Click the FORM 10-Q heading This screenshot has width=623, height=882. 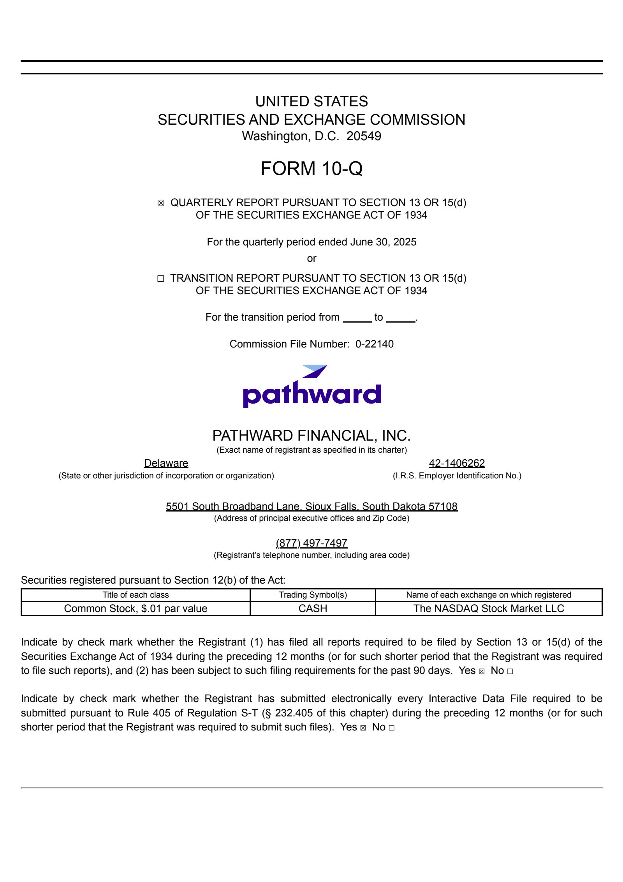pyautogui.click(x=311, y=168)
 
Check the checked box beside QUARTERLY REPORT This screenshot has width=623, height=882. pyautogui.click(x=161, y=203)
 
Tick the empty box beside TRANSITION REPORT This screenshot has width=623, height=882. pyautogui.click(x=160, y=279)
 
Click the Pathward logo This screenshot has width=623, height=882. pyautogui.click(x=311, y=387)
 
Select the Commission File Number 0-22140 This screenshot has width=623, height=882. pyautogui.click(x=374, y=344)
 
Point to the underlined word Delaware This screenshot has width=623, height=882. pyautogui.click(x=166, y=463)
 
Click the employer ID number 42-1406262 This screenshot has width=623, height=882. pyautogui.click(x=457, y=463)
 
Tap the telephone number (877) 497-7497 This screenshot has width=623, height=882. pyautogui.click(x=311, y=543)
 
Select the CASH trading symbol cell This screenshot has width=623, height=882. pyautogui.click(x=313, y=609)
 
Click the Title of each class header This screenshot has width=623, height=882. pyautogui.click(x=136, y=595)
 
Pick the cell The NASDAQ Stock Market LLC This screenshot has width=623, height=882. pyautogui.click(x=489, y=609)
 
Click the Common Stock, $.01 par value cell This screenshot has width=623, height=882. pyautogui.click(x=136, y=609)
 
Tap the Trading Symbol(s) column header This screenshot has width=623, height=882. pyautogui.click(x=313, y=595)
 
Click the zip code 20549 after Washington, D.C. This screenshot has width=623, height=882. pyautogui.click(x=364, y=136)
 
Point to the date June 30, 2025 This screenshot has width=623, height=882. pyautogui.click(x=383, y=242)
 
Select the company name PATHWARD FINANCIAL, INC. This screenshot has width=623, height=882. pyautogui.click(x=311, y=436)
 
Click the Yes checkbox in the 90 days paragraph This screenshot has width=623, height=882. pyautogui.click(x=482, y=671)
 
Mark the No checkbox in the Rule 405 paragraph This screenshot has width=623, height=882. pyautogui.click(x=391, y=728)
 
